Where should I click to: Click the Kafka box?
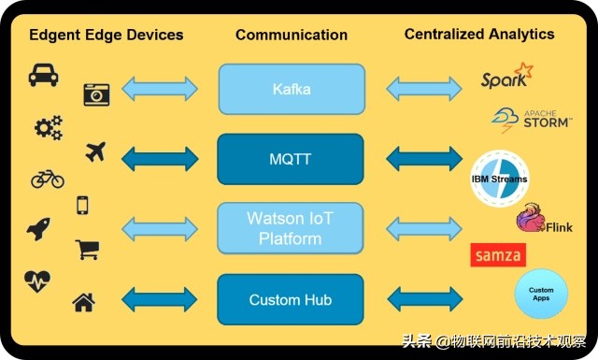pos(291,89)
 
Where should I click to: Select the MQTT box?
pos(291,159)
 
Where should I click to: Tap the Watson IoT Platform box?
pos(291,228)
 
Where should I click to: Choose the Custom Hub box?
pos(291,300)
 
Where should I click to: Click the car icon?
pos(43,75)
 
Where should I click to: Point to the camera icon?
pos(96,93)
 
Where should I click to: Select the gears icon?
pos(48,127)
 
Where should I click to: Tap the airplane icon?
pos(95,151)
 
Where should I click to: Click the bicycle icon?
pos(47,178)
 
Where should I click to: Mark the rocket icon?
pos(38,229)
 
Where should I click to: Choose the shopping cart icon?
pos(87,250)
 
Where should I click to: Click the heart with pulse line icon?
pos(37,280)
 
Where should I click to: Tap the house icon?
pos(83,302)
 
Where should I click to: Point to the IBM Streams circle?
pos(498,179)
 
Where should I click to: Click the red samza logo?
pos(498,254)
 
